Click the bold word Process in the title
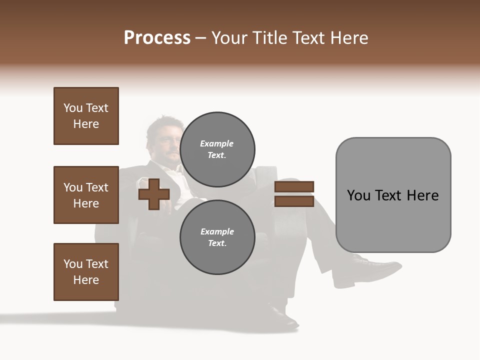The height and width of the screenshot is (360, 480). (157, 38)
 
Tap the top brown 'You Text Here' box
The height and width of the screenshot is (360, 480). (86, 116)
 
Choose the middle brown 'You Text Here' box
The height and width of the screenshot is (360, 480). (86, 195)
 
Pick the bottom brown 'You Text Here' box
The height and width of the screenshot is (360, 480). (86, 272)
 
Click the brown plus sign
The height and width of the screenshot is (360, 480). (154, 194)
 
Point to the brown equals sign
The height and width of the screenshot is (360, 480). (294, 194)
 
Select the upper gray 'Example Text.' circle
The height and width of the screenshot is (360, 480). (217, 149)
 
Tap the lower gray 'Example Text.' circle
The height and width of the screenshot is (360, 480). (217, 237)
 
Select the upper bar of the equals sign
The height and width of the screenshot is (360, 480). (294, 187)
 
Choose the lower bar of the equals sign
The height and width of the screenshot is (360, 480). (294, 201)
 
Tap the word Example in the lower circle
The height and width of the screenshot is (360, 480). (217, 231)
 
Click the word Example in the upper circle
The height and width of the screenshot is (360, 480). (217, 143)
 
